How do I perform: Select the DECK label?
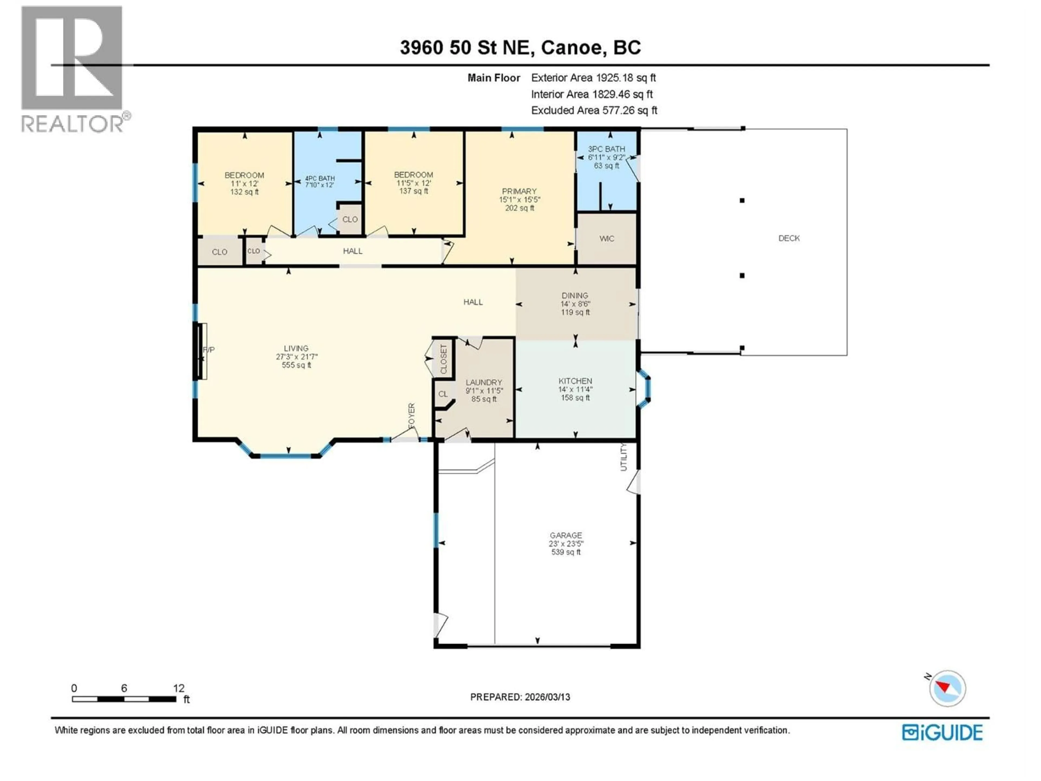point(789,238)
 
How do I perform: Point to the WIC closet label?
point(607,239)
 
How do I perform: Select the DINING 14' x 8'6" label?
point(575,304)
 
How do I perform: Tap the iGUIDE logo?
point(942,732)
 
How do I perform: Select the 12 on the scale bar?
point(178,688)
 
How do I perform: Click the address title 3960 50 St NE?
point(520,47)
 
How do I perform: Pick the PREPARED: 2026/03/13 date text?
point(520,697)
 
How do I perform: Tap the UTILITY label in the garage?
point(624,457)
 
